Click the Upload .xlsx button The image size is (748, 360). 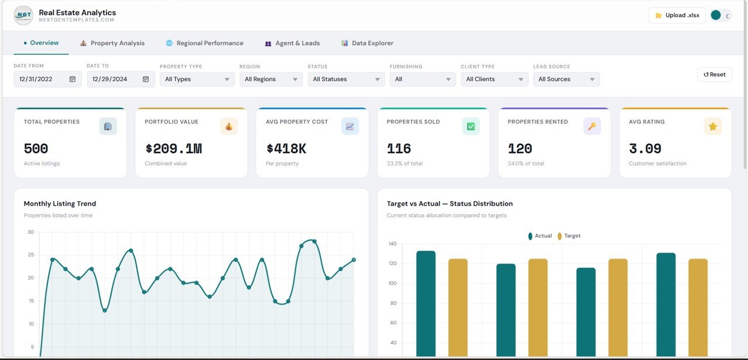tap(677, 15)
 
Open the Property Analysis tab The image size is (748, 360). tap(112, 43)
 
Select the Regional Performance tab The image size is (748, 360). tap(205, 43)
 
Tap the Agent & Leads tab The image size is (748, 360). tap(292, 43)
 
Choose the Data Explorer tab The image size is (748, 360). tap(367, 43)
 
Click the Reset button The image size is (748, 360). tap(714, 75)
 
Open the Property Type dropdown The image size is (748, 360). tap(197, 79)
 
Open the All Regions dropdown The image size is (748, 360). tap(271, 79)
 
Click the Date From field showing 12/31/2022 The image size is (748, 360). tap(47, 79)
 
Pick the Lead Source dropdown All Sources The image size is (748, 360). tap(566, 79)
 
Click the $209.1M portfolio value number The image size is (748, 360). tap(173, 149)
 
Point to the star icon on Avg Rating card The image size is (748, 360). tap(712, 126)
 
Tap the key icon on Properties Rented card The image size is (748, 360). tap(591, 126)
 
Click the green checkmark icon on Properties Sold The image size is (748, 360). tap(470, 126)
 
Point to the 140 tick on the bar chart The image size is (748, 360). tap(392, 244)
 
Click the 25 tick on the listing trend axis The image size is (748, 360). tap(30, 255)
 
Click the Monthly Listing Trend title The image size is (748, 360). tap(60, 204)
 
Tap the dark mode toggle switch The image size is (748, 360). tap(721, 15)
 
